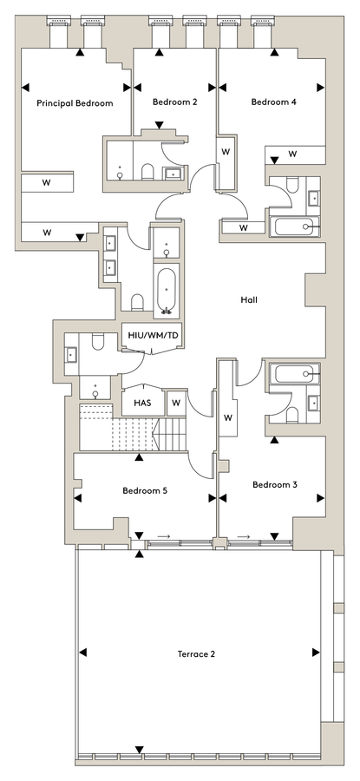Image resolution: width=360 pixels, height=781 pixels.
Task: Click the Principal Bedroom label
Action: [x=75, y=103]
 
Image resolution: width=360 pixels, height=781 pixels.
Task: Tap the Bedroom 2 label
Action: [x=174, y=102]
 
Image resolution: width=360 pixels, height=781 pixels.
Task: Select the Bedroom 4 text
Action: [x=274, y=102]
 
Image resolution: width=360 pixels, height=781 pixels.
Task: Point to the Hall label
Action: [x=249, y=300]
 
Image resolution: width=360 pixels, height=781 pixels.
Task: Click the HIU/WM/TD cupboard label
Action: [x=154, y=335]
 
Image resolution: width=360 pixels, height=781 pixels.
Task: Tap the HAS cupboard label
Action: [x=142, y=403]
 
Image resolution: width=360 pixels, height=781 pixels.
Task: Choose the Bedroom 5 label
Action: [x=145, y=490]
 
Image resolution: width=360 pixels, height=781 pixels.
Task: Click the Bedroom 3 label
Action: [x=274, y=484]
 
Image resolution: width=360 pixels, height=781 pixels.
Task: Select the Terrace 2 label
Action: [x=196, y=654]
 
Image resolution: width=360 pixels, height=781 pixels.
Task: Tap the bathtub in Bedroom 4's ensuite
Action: [x=294, y=226]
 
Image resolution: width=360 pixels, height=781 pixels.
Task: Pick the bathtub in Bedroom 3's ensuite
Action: [x=294, y=373]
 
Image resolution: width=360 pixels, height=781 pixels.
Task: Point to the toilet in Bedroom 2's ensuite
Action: [x=147, y=172]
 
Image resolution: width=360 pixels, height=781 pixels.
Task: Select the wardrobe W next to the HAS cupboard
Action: [x=176, y=403]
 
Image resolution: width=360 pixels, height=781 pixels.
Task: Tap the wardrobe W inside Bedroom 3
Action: [x=227, y=418]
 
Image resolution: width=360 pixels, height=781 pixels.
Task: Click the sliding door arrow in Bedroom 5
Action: [x=164, y=536]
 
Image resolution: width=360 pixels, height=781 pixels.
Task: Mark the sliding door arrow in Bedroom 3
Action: [x=244, y=536]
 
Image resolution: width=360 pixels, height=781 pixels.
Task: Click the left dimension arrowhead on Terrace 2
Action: [x=82, y=652]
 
